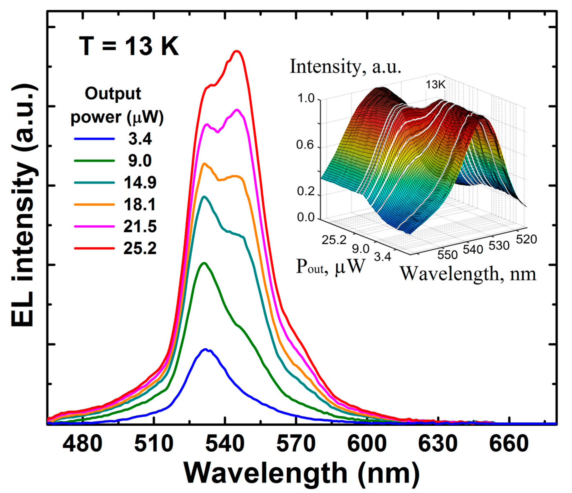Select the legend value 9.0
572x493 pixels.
coord(140,161)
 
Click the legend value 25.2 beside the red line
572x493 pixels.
coord(140,248)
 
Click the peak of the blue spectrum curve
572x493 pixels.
coord(205,349)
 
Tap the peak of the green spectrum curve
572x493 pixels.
coord(205,263)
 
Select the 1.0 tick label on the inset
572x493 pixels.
coord(306,98)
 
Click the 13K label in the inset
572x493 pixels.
coord(435,85)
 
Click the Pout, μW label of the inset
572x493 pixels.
coord(330,267)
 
